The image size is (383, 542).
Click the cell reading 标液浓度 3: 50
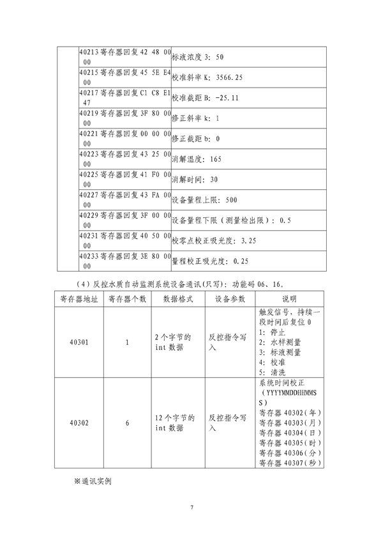(x=198, y=58)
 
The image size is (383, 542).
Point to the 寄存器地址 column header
(x=79, y=299)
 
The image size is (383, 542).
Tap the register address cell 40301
(x=79, y=342)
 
